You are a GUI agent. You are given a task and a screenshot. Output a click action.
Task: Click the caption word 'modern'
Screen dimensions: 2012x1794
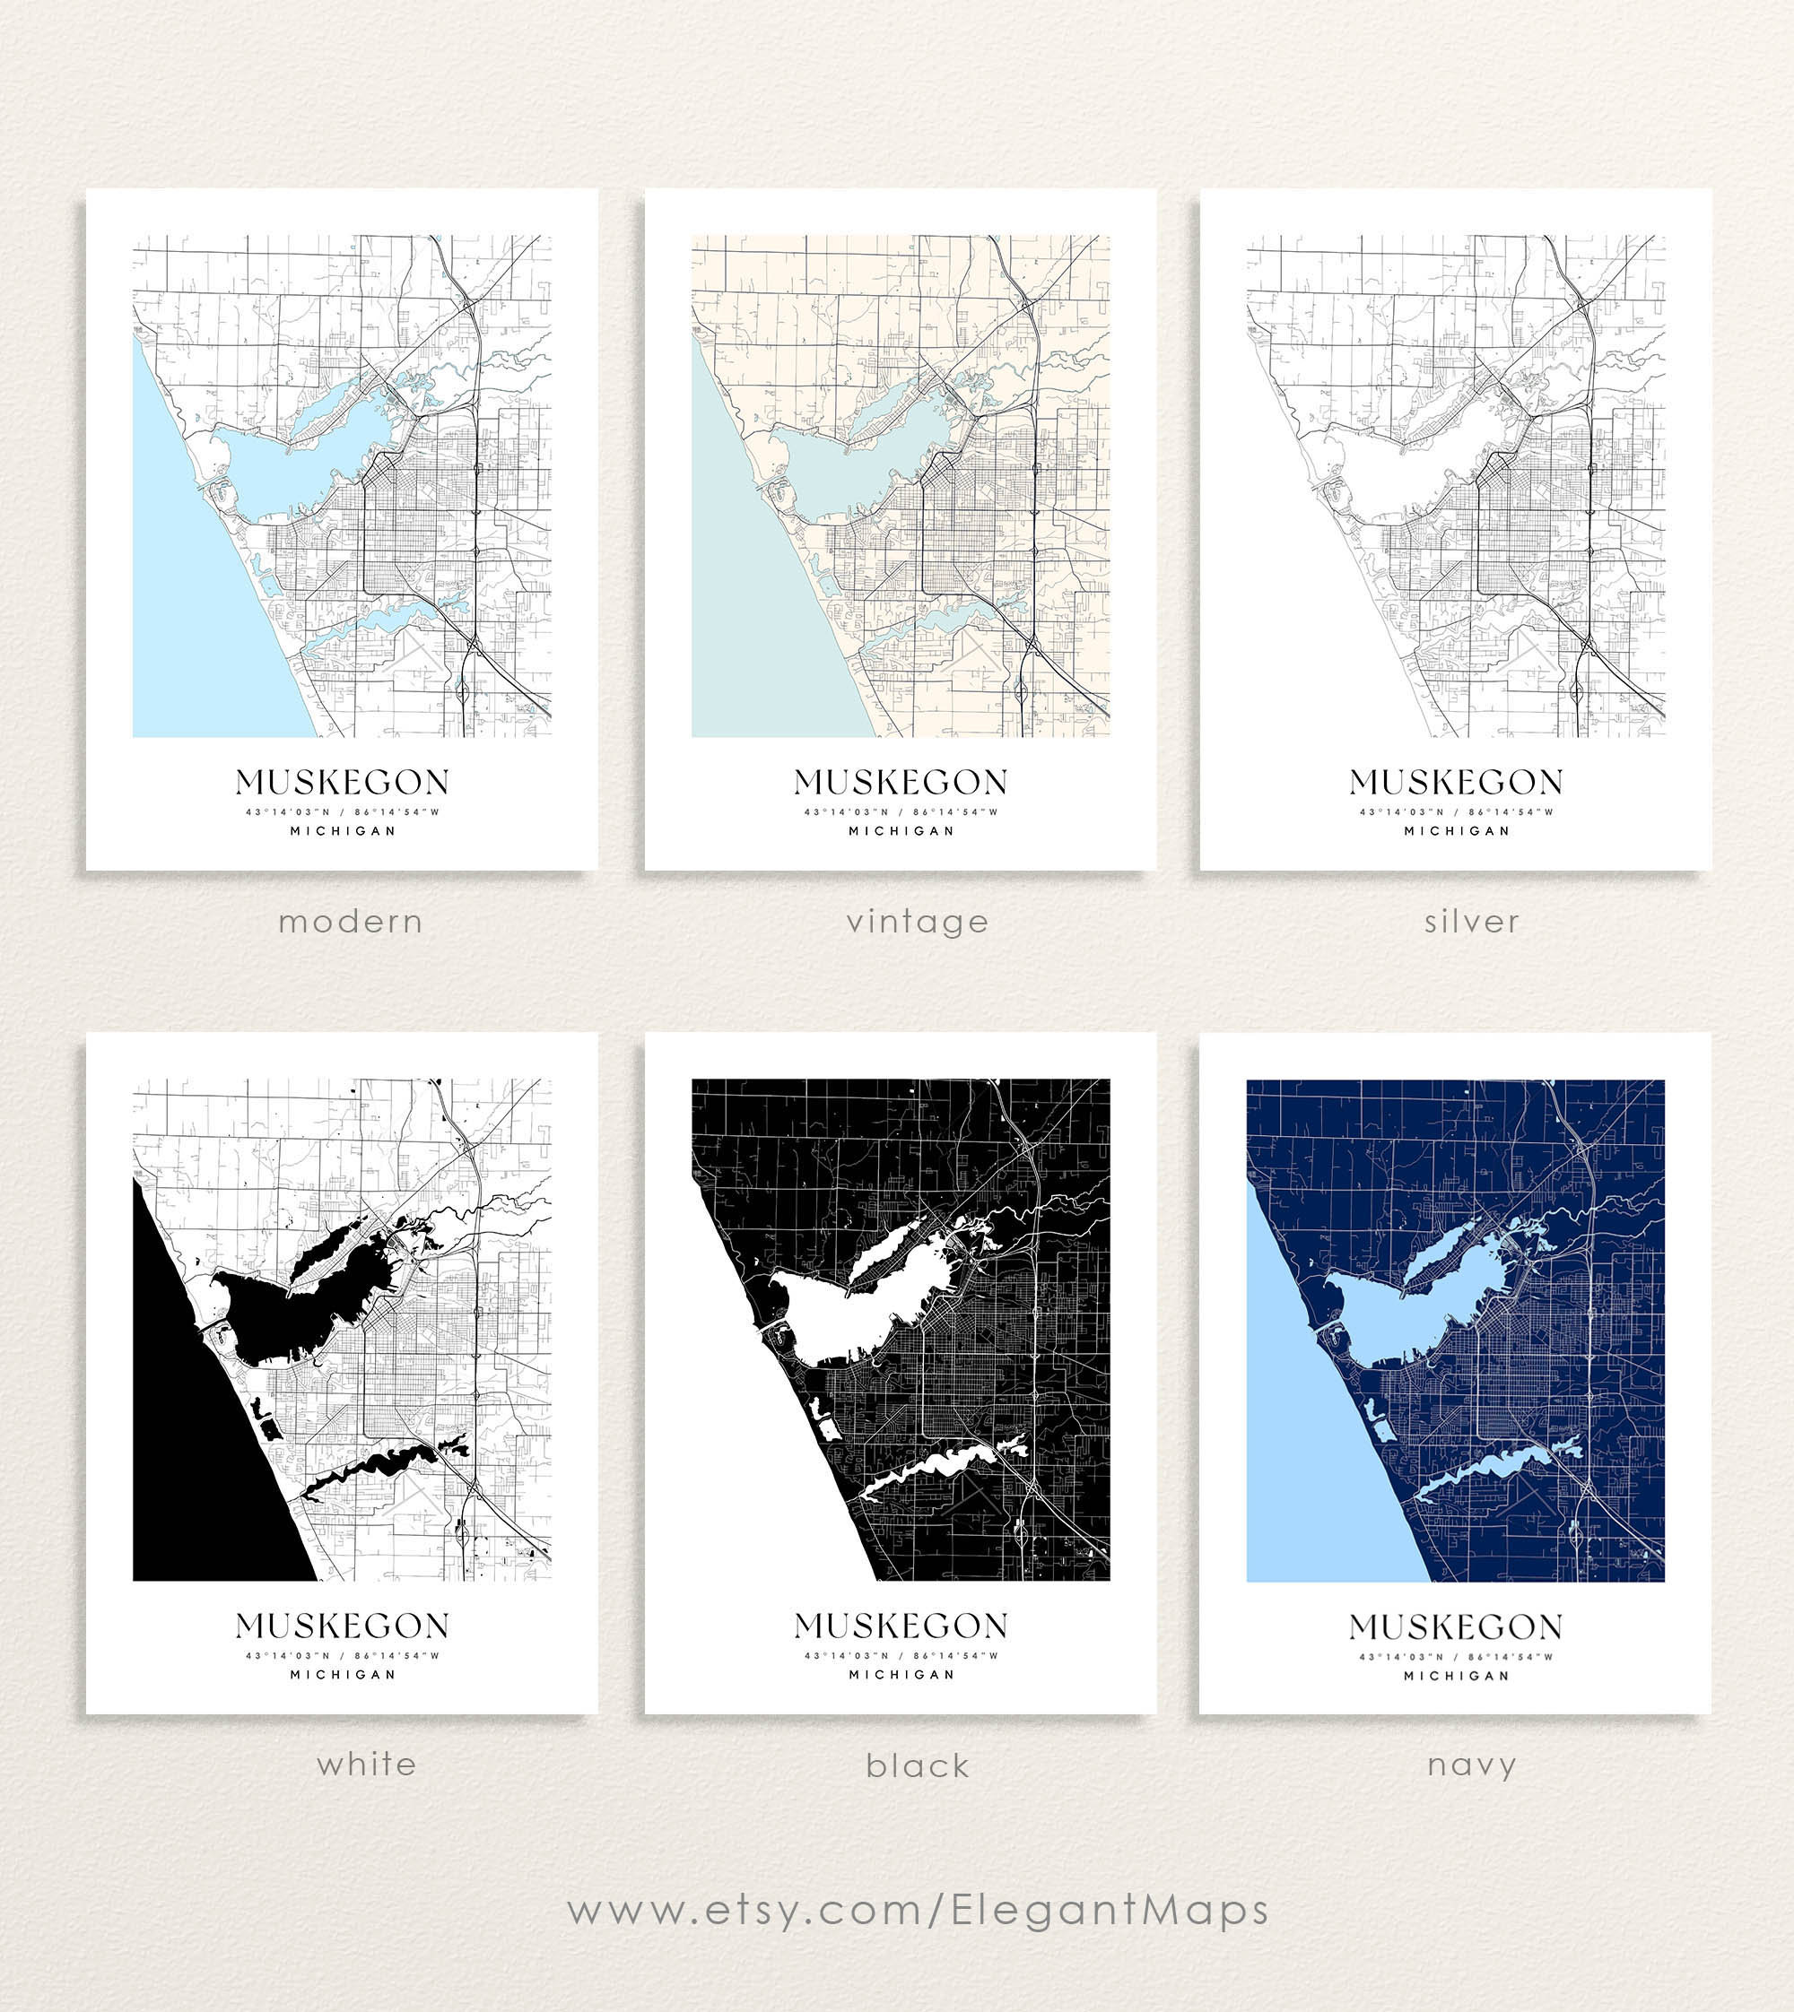click(x=350, y=923)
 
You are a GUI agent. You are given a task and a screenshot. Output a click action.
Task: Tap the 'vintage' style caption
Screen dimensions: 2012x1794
click(x=917, y=923)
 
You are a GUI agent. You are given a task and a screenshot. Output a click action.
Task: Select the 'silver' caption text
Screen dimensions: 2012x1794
click(x=1471, y=923)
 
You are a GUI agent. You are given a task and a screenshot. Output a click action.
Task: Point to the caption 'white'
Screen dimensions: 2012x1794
click(x=367, y=1764)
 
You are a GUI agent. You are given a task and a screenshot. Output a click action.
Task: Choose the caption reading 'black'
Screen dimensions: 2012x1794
click(x=917, y=1765)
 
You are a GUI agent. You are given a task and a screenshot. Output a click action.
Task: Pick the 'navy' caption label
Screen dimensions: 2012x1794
click(x=1471, y=1765)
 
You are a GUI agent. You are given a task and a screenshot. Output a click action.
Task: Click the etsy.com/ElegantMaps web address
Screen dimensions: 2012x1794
click(x=917, y=1910)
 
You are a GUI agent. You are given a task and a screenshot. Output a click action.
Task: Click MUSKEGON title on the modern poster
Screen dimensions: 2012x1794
click(x=342, y=783)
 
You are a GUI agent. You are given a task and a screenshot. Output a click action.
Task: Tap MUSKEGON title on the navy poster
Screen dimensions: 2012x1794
click(x=1456, y=1626)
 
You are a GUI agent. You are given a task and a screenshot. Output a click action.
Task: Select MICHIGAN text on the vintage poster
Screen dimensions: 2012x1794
click(x=901, y=830)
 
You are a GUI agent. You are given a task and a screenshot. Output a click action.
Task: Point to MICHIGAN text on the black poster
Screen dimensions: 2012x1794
click(x=901, y=1674)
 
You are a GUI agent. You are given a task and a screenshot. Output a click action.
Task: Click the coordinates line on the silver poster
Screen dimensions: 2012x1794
click(x=1456, y=812)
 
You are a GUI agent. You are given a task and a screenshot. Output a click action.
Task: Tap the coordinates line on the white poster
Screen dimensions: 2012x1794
click(x=342, y=1655)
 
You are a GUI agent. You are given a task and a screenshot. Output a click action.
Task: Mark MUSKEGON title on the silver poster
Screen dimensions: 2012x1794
click(x=1456, y=783)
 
